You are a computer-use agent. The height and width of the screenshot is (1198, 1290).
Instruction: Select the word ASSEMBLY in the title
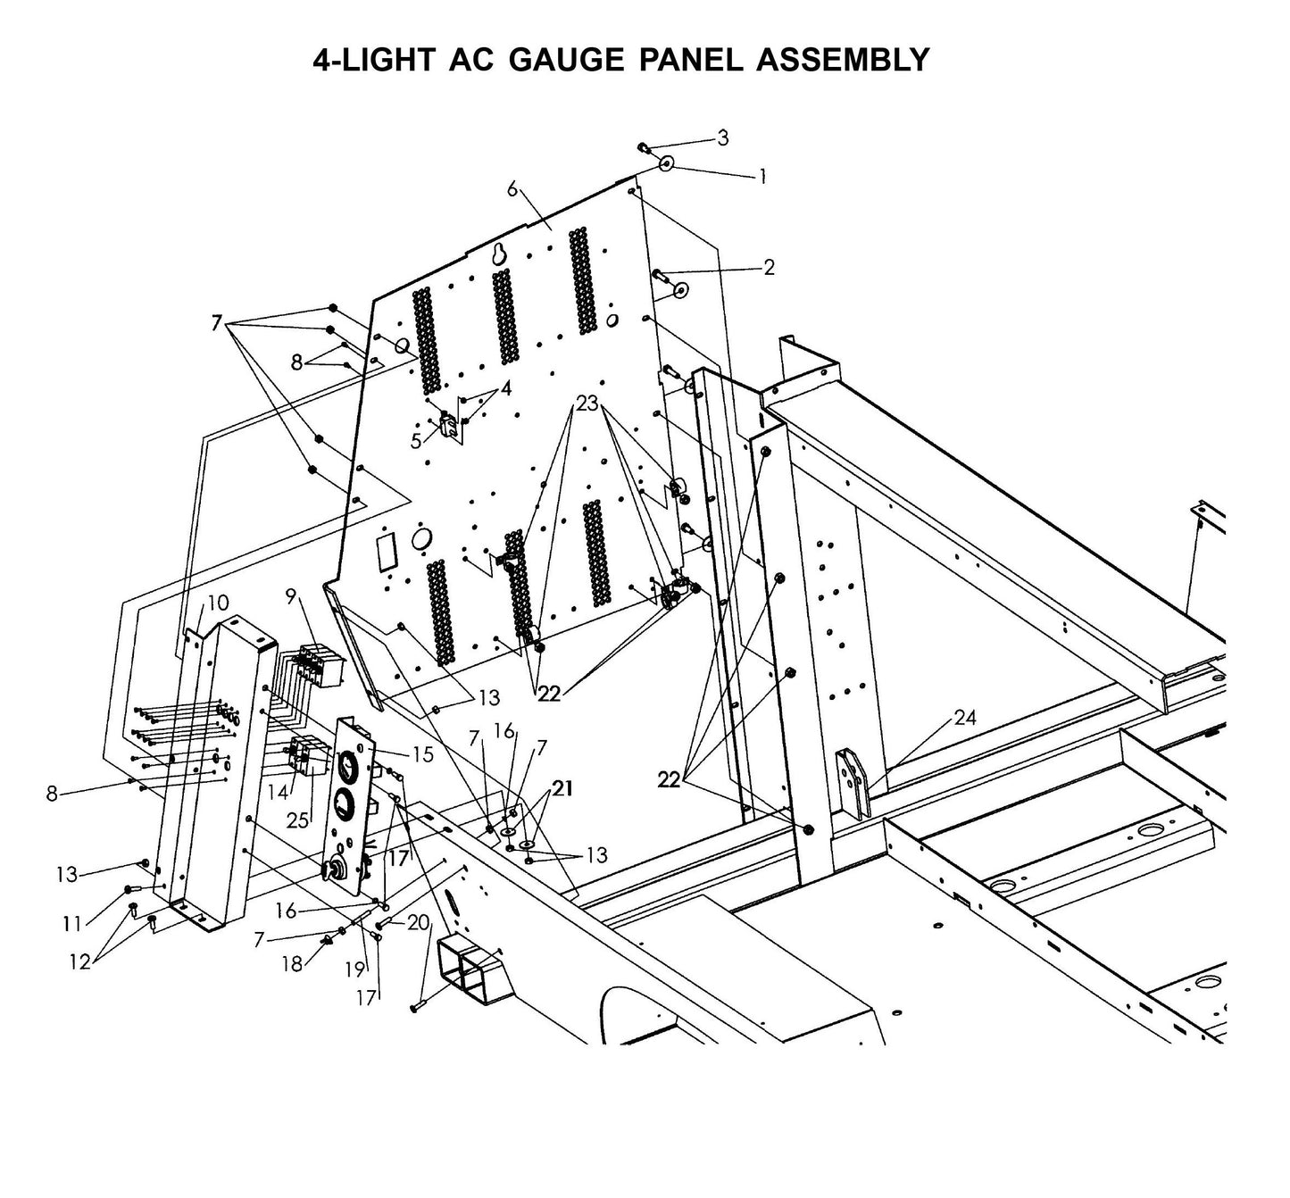[x=842, y=60]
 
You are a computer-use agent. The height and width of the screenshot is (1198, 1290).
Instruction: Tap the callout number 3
[x=722, y=137]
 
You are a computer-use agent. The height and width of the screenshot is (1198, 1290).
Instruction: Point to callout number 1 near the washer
[x=762, y=177]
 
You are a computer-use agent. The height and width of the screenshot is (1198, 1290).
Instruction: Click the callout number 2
[x=768, y=267]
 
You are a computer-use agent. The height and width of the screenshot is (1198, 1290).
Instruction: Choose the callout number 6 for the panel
[x=512, y=188]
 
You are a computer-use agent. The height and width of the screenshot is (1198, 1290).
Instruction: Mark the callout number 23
[x=587, y=403]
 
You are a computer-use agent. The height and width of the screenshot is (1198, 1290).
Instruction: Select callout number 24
[x=964, y=717]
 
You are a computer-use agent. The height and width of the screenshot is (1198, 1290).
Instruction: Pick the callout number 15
[x=422, y=754]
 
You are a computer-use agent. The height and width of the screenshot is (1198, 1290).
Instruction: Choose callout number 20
[x=418, y=923]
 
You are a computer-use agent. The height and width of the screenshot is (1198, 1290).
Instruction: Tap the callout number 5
[x=416, y=441]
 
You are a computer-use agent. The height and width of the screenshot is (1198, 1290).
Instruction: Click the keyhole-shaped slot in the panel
[x=500, y=254]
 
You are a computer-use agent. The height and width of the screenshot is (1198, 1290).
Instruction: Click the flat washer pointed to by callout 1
[x=666, y=165]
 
